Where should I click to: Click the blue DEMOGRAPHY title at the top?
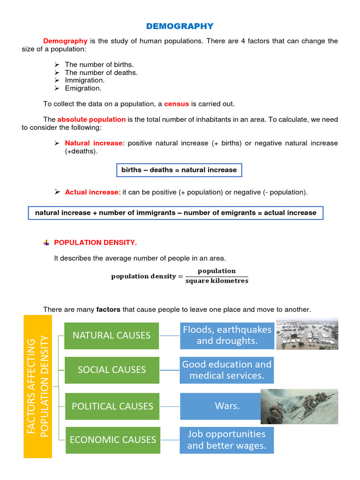point(180,26)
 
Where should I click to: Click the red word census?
point(176,104)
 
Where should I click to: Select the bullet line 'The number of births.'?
point(99,64)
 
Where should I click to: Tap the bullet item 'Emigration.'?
point(83,88)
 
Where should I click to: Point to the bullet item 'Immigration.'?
point(84,80)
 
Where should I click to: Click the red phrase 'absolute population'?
point(91,120)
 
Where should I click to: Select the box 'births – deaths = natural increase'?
point(179,170)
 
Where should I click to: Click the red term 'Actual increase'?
point(91,192)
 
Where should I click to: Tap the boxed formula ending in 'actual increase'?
point(176,213)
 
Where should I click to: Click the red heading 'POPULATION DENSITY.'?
point(96,242)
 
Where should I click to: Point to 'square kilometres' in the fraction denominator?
point(217,281)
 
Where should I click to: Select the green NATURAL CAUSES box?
point(112,335)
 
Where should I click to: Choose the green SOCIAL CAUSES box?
point(112,370)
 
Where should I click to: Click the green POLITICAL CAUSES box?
point(112,406)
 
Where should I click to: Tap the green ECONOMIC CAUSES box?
point(112,440)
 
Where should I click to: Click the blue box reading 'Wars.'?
point(227,406)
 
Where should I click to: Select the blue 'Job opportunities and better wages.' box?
point(227,440)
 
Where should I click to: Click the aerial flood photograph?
point(307,334)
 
